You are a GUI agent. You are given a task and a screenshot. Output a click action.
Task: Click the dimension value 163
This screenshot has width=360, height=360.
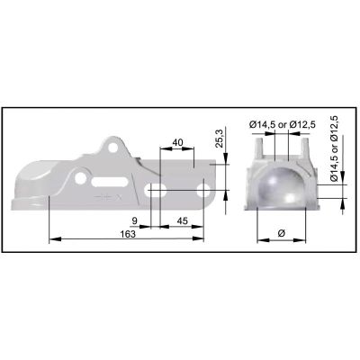click(128, 234)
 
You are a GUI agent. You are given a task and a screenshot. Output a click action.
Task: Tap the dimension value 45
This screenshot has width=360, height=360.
click(183, 221)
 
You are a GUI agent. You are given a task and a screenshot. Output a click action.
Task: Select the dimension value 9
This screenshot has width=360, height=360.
click(135, 221)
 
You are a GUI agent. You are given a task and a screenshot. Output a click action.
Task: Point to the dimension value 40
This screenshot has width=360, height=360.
click(178, 142)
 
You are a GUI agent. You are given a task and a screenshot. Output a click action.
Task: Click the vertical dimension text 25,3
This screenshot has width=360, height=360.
click(220, 139)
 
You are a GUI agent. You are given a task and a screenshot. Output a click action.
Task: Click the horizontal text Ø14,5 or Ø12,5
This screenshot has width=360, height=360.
click(283, 124)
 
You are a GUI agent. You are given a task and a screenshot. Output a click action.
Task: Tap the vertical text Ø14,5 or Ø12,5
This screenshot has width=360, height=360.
click(334, 148)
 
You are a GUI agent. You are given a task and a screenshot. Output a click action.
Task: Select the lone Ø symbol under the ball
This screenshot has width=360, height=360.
click(281, 233)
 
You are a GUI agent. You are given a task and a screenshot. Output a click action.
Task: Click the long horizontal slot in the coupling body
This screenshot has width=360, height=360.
click(109, 182)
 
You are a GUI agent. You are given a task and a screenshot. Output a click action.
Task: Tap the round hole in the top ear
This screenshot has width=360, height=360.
click(113, 148)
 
